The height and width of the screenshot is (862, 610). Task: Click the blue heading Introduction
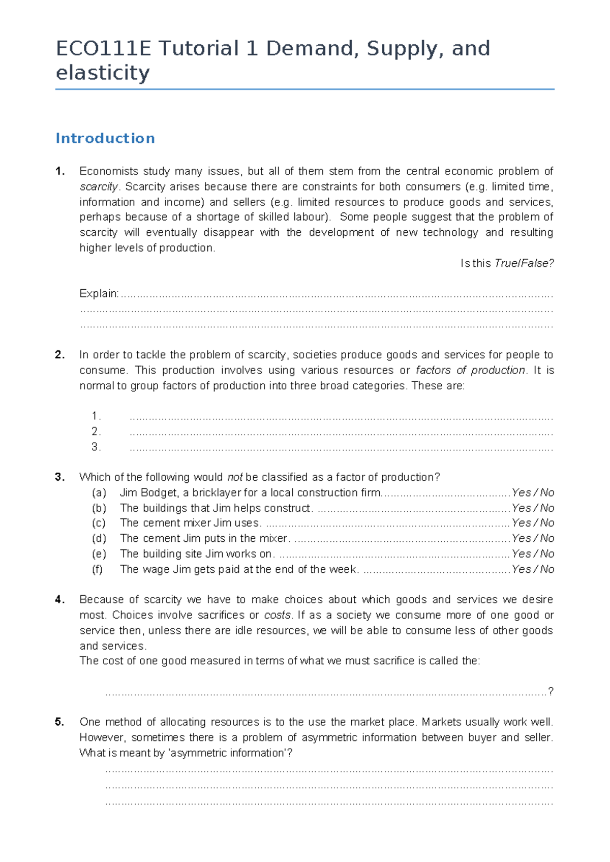coord(105,138)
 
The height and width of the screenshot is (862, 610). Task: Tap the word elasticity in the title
coord(102,73)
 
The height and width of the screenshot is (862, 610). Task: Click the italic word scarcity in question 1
coord(99,187)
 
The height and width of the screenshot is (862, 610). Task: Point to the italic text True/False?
coord(524,263)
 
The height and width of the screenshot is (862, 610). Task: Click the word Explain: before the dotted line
coord(99,294)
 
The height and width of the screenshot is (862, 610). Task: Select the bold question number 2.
coord(60,355)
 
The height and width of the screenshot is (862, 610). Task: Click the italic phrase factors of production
coord(470,370)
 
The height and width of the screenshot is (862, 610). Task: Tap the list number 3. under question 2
coord(96,447)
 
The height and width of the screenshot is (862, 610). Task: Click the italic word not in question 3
coord(235,477)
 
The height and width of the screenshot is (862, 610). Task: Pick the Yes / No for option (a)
coord(533,492)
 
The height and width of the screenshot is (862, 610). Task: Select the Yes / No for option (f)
coord(533,569)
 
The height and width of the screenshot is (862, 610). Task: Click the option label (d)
coord(99,538)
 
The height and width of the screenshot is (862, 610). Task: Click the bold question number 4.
coord(60,600)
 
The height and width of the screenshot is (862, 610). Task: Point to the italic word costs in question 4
coord(278,615)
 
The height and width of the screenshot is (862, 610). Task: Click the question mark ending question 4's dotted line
coord(551,691)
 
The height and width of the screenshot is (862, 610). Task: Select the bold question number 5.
coord(60,722)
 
